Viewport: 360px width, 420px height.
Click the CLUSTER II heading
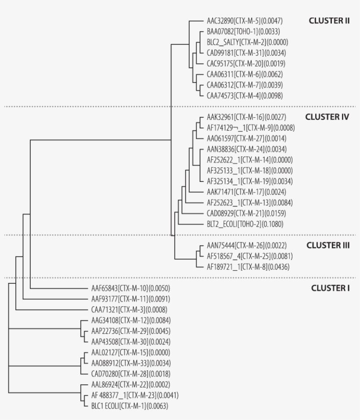(x=329, y=21)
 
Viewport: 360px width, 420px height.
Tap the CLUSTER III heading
(x=328, y=246)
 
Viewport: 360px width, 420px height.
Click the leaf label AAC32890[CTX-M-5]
(x=238, y=21)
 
